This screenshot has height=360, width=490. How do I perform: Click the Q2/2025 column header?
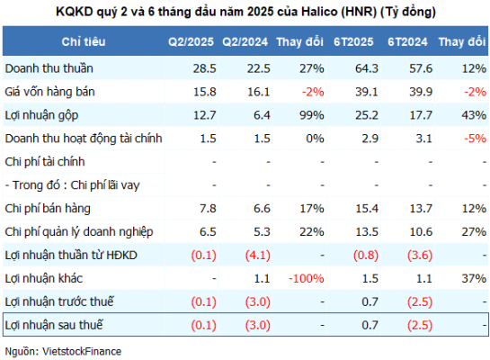coord(191,41)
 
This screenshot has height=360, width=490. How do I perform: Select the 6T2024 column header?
coord(407,41)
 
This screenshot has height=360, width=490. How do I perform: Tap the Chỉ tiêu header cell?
coord(84,41)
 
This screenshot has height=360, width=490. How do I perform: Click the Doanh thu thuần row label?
coord(49,68)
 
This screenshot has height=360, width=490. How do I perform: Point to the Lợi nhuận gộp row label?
coord(41,115)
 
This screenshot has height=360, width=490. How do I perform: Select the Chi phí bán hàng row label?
coord(48,209)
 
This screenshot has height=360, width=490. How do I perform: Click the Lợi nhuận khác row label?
coord(44,278)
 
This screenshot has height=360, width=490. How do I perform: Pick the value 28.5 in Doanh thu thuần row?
coord(204,68)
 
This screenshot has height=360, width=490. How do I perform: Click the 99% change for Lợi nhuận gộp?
coord(312,115)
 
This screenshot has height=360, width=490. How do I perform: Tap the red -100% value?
coord(307,278)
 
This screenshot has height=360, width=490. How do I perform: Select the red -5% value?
coord(475,139)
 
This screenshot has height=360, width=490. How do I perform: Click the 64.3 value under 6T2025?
coord(367,68)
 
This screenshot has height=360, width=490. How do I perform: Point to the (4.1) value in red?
coord(258,256)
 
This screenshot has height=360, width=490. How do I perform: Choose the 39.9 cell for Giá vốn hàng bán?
coord(421,92)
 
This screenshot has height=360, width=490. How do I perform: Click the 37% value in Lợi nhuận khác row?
coord(474,278)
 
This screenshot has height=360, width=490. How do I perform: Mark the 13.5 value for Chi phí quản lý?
coord(367,232)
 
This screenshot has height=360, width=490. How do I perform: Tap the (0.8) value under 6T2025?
coord(366,256)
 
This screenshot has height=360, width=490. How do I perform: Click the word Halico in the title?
coord(319,12)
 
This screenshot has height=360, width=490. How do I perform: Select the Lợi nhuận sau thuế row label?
coord(54,325)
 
